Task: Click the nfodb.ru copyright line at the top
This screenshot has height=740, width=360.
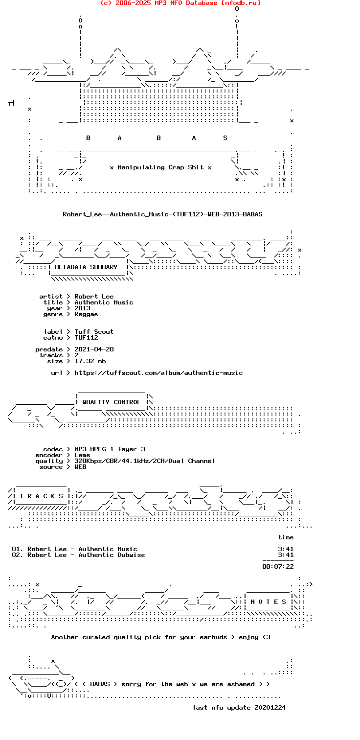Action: pyautogui.click(x=180, y=3)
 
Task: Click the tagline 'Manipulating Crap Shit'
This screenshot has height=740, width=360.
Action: pyautogui.click(x=160, y=167)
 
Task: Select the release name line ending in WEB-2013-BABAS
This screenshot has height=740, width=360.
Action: pyautogui.click(x=162, y=214)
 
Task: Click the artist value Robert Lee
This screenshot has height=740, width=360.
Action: pyautogui.click(x=94, y=296)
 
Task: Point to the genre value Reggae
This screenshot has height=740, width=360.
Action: pyautogui.click(x=86, y=314)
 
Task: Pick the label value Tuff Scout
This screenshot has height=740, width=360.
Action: pyautogui.click(x=94, y=332)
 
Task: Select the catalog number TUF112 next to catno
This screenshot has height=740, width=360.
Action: pyautogui.click(x=86, y=338)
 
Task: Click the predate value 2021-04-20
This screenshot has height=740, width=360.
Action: pyautogui.click(x=94, y=349)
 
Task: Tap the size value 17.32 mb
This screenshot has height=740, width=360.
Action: pyautogui.click(x=90, y=361)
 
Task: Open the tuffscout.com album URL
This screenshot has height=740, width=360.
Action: pyautogui.click(x=158, y=373)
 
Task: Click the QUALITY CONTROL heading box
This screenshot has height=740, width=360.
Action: pyautogui.click(x=112, y=402)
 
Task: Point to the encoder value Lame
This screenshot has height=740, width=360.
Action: pyautogui.click(x=82, y=455)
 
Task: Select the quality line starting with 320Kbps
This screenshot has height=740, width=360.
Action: pyautogui.click(x=145, y=461)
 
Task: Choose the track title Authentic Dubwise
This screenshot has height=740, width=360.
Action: pyautogui.click(x=112, y=555)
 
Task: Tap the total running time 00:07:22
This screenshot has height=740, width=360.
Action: pyautogui.click(x=278, y=567)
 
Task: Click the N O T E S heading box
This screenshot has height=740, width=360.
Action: pyautogui.click(x=268, y=601)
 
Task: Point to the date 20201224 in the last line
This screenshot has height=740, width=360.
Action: pyautogui.click(x=270, y=708)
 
